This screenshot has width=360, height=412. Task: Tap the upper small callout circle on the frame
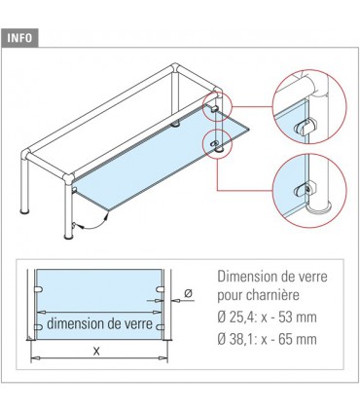[212, 105]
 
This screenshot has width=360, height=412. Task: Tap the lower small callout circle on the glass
[212, 144]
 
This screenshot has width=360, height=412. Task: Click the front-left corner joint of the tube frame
[30, 154]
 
